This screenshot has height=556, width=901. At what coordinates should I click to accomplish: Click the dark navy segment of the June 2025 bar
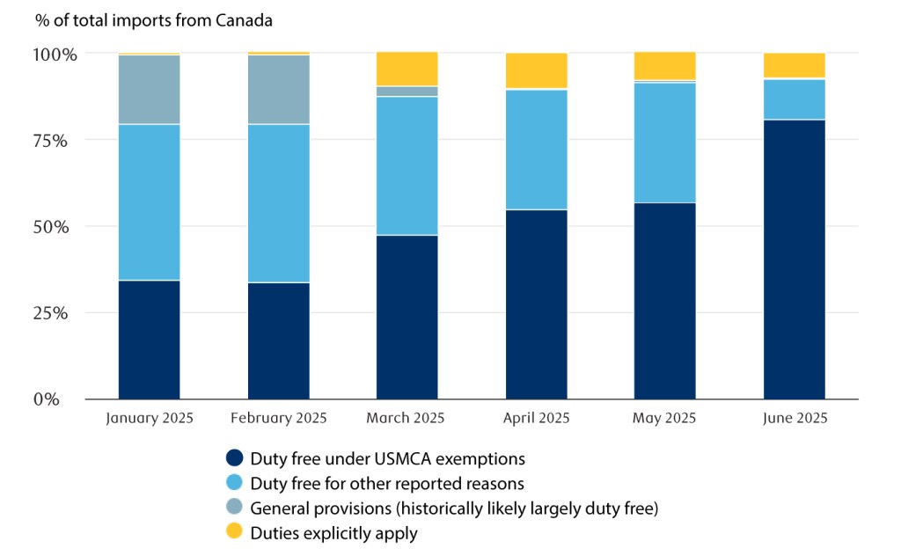[x=794, y=259]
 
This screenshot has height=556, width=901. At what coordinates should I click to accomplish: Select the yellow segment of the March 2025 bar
[x=407, y=69]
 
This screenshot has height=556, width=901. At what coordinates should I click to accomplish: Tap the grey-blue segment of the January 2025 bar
[x=149, y=90]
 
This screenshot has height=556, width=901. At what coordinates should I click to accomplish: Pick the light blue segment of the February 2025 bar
[x=278, y=203]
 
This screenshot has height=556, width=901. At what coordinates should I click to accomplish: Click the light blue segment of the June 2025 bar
[x=794, y=99]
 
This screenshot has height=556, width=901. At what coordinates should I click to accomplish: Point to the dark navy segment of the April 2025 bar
[x=536, y=304]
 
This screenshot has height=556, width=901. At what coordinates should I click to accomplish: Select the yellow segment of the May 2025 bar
[x=664, y=66]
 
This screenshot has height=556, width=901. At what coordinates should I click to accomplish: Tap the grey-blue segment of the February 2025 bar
[x=278, y=90]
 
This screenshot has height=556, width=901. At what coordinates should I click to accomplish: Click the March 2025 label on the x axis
[x=407, y=418]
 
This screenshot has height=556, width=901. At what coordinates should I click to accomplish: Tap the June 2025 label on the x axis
[x=794, y=418]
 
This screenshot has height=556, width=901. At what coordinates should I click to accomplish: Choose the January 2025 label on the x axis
[x=149, y=418]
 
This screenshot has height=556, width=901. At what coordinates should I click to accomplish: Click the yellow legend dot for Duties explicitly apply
[x=234, y=531]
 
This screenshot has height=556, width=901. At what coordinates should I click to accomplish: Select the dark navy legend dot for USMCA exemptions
[x=234, y=457]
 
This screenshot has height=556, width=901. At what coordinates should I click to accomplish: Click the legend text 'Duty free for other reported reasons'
[x=387, y=483]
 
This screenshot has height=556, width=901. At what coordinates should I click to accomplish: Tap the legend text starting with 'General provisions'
[x=454, y=508]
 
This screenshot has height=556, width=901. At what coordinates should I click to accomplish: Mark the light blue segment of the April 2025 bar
[x=536, y=150]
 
